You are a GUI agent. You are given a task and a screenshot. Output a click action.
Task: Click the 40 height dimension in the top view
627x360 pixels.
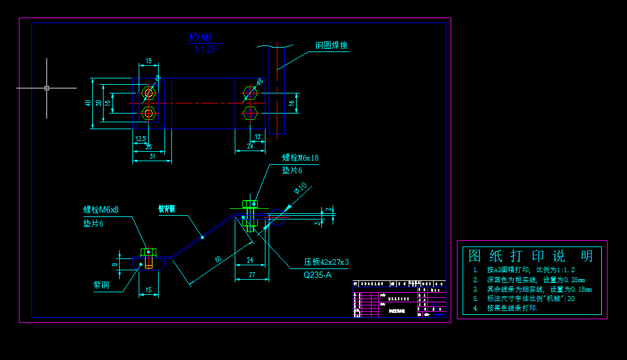88,103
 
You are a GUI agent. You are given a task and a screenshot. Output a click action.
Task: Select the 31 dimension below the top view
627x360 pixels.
152,156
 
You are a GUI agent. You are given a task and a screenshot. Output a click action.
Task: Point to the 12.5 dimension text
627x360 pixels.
141,139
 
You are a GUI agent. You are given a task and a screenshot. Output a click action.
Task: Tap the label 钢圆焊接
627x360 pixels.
331,46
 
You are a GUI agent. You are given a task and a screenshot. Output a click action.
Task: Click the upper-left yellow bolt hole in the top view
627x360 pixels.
149,93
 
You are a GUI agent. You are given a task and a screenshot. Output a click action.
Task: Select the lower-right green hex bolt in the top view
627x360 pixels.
250,114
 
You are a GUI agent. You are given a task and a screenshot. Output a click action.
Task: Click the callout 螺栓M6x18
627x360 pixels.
300,158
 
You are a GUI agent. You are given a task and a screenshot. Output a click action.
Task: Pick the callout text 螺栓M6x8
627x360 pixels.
101,209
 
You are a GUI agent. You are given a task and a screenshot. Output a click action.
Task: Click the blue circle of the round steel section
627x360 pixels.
277,217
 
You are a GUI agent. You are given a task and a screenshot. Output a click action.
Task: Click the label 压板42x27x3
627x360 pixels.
326,262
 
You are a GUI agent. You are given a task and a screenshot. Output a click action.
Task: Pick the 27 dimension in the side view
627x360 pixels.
250,275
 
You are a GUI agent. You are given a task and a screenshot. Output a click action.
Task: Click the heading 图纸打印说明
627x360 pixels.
531,256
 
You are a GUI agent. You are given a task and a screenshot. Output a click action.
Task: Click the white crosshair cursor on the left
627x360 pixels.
46,88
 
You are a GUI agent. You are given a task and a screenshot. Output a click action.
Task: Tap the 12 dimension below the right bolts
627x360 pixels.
257,137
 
